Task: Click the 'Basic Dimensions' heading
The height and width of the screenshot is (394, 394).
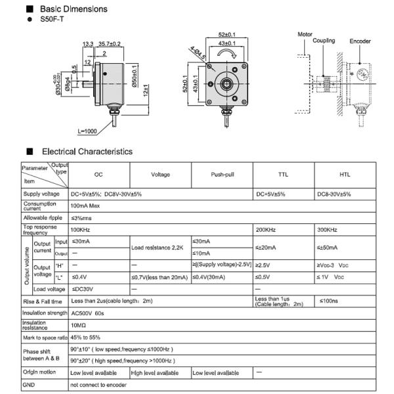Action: tap(74, 10)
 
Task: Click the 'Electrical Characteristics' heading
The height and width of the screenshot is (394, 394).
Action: tap(87, 152)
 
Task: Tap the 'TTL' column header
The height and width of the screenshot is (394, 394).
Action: tap(283, 175)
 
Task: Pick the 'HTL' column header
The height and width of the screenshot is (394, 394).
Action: tap(345, 175)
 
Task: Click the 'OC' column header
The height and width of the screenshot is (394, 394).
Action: tap(98, 175)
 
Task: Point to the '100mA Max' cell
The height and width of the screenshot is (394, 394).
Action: tap(85, 206)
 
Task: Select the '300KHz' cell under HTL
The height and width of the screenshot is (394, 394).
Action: tap(327, 230)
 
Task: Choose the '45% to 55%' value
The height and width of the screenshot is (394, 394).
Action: tap(85, 337)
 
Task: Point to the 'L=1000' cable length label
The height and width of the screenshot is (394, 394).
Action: tap(87, 131)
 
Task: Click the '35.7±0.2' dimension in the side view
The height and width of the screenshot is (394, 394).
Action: tap(109, 44)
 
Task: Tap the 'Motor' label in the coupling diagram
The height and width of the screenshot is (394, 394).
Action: tap(305, 33)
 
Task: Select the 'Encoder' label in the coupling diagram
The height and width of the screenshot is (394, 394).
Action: tap(360, 41)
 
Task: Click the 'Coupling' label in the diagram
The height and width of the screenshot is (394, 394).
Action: tap(324, 41)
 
